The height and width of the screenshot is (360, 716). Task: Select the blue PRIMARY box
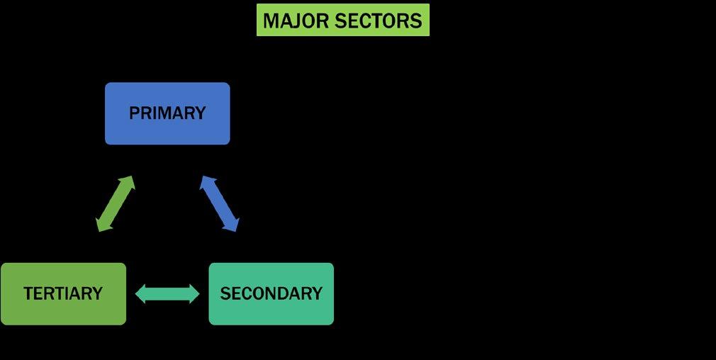point(167,113)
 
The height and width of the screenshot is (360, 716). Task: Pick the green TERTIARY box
point(63,293)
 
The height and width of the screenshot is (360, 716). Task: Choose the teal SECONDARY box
point(271,293)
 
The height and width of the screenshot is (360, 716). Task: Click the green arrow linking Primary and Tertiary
point(115,203)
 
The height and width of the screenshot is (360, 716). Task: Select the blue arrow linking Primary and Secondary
point(220,203)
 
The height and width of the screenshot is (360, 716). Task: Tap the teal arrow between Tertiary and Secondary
point(167,293)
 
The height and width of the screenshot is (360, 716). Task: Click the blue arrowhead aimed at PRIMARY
point(206,182)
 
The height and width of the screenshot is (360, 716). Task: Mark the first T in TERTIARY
point(28,293)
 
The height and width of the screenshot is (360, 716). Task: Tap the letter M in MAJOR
point(270,21)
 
